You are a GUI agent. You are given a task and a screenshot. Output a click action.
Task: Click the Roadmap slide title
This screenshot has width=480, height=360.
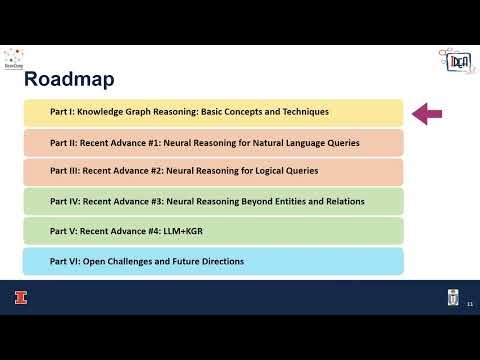tap(68, 77)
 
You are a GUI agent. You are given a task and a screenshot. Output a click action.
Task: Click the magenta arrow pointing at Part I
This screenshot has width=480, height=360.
tap(427, 113)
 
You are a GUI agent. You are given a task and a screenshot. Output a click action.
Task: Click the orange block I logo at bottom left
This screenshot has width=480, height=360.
tap(17, 296)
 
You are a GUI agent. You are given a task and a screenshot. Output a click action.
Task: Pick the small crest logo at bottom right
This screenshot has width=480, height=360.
tap(451, 296)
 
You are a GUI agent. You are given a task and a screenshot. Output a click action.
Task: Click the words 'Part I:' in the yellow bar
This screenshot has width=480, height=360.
tap(63, 112)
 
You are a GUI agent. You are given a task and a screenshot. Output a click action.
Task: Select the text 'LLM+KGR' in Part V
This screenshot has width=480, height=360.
tap(201, 231)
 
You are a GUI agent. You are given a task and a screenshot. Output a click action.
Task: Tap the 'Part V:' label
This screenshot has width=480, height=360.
tap(64, 231)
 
